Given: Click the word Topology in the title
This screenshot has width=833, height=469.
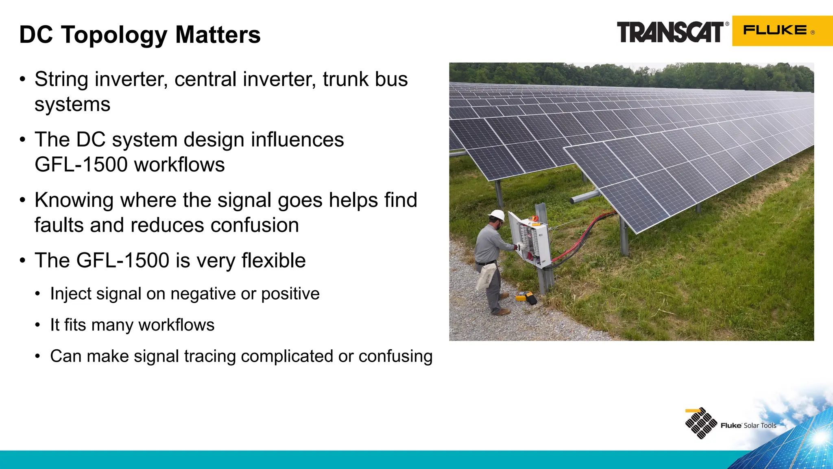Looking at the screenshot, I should tap(114, 35).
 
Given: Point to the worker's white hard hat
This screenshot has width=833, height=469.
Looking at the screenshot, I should tap(497, 215).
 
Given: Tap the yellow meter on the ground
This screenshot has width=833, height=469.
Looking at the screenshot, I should tap(522, 296).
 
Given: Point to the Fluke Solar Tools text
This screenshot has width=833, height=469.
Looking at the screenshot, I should tap(748, 425).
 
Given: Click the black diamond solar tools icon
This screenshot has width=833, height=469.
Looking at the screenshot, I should tap(701, 423).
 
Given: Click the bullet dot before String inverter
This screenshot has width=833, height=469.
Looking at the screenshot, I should tap(23, 79).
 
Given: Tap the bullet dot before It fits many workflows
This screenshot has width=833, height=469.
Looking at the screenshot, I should tap(38, 325).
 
